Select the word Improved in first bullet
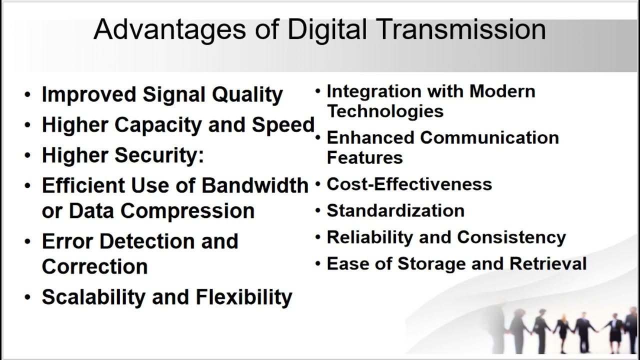click(x=88, y=95)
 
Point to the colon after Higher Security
click(x=201, y=156)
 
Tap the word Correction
click(x=94, y=266)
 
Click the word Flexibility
click(x=244, y=297)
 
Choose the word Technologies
click(x=385, y=111)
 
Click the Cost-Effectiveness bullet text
click(x=409, y=184)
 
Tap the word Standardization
click(x=395, y=210)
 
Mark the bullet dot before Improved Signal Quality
click(x=27, y=95)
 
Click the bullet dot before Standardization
click(x=317, y=210)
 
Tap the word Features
click(x=364, y=157)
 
